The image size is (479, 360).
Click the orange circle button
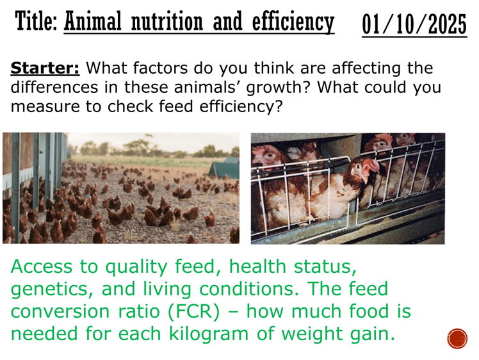457,338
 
